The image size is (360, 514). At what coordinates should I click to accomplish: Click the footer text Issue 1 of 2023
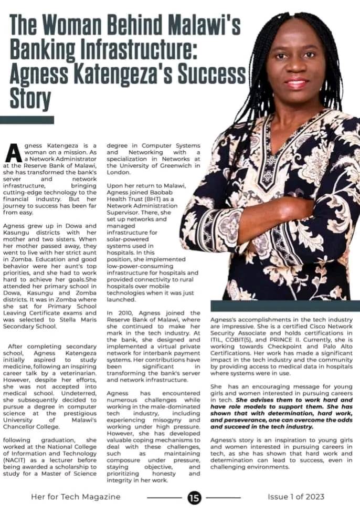click(296, 497)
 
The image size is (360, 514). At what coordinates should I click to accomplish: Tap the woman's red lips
click(297, 83)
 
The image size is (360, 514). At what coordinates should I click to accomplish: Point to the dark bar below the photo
click(284, 306)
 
